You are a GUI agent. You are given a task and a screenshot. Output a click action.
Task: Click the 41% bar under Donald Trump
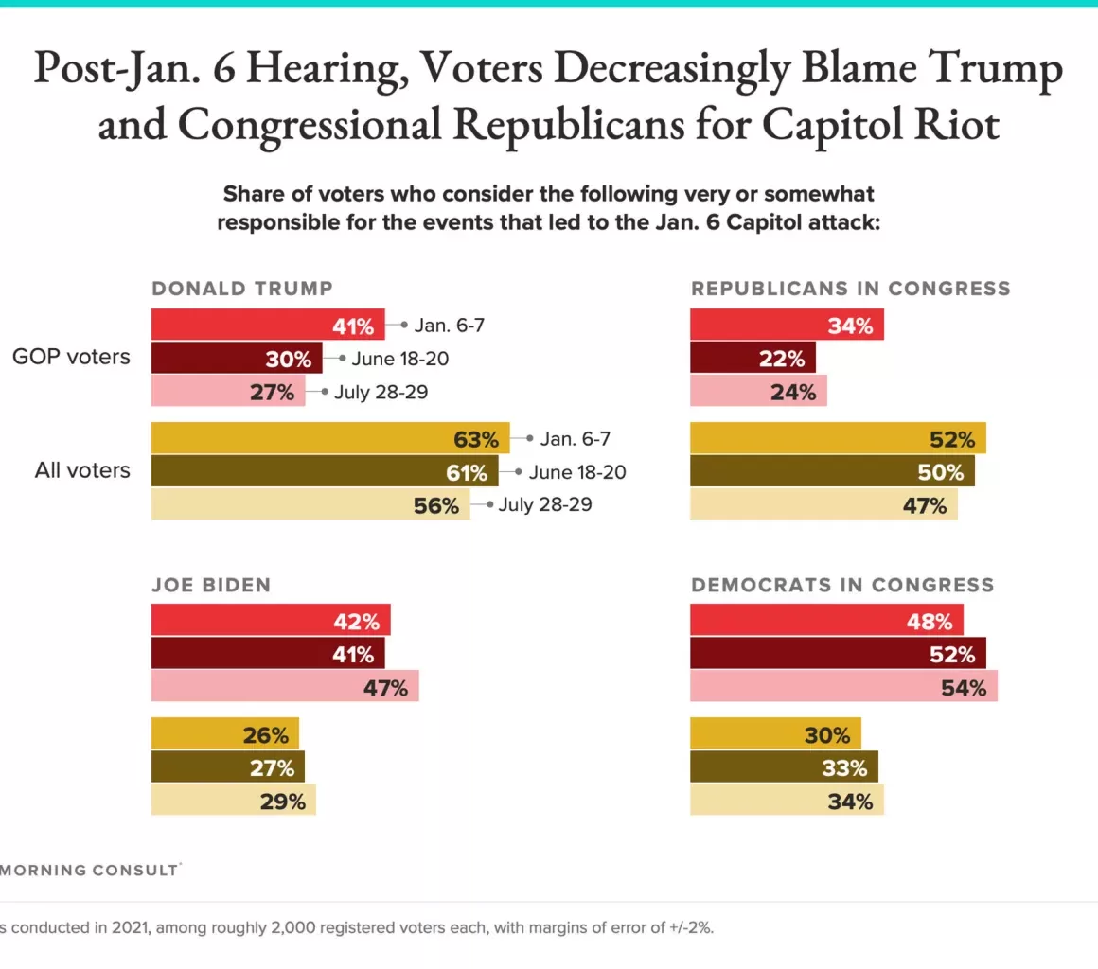(268, 325)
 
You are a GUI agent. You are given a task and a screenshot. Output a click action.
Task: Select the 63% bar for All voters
(330, 439)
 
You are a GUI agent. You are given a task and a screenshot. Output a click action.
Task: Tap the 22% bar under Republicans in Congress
(753, 358)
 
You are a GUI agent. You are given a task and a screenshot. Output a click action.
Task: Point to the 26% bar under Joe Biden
(225, 733)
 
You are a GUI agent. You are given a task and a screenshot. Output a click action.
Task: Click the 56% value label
(435, 505)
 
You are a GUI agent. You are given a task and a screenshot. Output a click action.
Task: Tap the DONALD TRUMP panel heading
(242, 289)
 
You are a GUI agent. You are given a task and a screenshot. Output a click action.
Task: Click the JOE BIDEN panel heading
(211, 585)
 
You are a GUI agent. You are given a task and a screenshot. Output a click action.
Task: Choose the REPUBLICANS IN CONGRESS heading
(851, 289)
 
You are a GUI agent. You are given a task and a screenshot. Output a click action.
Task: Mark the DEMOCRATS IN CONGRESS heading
(842, 585)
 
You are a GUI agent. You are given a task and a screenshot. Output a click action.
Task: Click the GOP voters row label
(71, 357)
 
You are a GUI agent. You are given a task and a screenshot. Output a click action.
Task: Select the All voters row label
(82, 469)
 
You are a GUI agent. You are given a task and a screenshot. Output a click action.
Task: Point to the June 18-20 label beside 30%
(398, 359)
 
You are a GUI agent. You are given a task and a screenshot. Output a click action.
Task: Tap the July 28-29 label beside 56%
(545, 504)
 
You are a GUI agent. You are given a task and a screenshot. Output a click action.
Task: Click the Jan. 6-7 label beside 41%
(452, 325)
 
